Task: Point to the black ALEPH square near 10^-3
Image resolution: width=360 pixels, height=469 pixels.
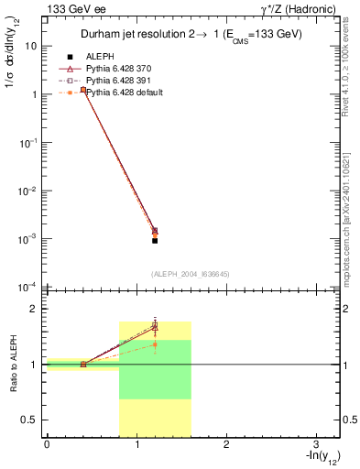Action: (x=155, y=240)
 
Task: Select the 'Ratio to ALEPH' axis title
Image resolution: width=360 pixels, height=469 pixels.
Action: (x=13, y=365)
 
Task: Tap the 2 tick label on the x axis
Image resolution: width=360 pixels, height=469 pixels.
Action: (x=225, y=446)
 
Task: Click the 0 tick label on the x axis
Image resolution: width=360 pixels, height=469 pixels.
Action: (x=46, y=446)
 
